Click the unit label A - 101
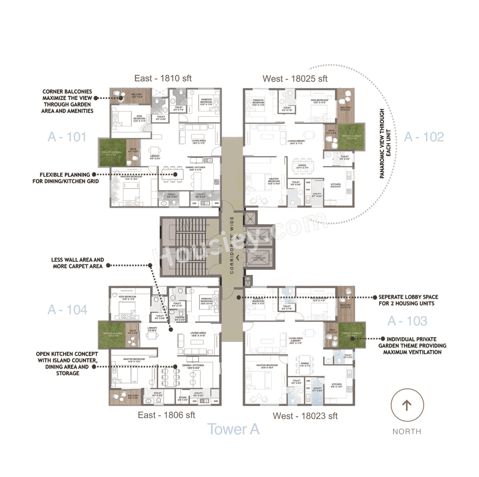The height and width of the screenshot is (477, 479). click(67, 137)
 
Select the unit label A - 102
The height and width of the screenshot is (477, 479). click(424, 137)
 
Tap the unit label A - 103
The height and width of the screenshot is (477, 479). click(407, 321)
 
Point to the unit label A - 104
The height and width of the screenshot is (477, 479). click(67, 310)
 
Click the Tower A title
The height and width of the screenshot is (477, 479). click(233, 429)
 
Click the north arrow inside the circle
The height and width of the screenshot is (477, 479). click(407, 405)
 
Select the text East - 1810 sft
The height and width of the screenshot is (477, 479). click(163, 79)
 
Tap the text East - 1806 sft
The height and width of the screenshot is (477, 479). click(167, 415)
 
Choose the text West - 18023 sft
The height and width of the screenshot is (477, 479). click(305, 416)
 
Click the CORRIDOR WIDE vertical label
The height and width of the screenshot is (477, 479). click(232, 245)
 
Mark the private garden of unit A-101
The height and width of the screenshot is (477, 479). click(112, 153)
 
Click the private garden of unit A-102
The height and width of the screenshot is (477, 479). click(351, 137)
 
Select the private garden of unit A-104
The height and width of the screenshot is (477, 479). click(112, 334)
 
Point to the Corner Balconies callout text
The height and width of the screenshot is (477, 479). click(67, 101)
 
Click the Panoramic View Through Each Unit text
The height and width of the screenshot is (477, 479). click(385, 144)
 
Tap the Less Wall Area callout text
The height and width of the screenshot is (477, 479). click(77, 263)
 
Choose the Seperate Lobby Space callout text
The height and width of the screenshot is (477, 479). click(408, 300)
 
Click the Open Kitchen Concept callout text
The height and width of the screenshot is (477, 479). click(67, 363)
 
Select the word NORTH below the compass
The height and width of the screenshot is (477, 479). click(407, 432)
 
